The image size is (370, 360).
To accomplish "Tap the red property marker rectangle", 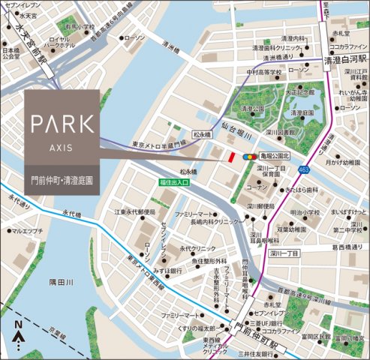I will (232, 157).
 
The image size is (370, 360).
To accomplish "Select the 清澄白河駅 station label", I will (344, 58).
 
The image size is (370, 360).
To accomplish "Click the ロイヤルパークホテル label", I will (59, 43).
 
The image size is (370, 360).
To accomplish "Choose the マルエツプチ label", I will (29, 231).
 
